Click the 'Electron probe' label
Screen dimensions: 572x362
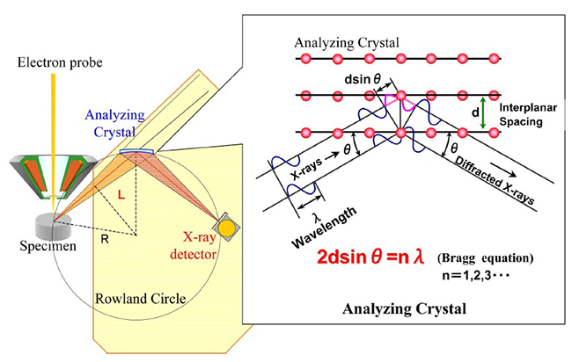[x=60, y=62]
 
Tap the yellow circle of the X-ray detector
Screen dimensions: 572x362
[x=226, y=228]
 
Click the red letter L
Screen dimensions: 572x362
[x=121, y=195]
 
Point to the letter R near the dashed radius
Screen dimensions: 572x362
[x=105, y=239]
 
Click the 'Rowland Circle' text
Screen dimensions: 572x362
[x=141, y=299]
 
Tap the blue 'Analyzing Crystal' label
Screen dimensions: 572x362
[x=114, y=124]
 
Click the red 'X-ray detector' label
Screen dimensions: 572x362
[x=194, y=246]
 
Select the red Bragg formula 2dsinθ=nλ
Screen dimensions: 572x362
[x=370, y=257]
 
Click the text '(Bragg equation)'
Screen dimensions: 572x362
[x=486, y=258]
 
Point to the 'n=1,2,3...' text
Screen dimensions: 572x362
[x=476, y=275]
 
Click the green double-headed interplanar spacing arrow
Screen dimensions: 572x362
[x=483, y=112]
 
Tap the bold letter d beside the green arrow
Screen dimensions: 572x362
[x=475, y=112]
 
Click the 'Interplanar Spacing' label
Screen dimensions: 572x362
[x=528, y=114]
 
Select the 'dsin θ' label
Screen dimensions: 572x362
[x=363, y=79]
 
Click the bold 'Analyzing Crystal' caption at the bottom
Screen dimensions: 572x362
[x=404, y=308]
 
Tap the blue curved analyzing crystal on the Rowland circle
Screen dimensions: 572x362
[x=137, y=151]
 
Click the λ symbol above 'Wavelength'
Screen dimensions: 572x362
[x=317, y=218]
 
